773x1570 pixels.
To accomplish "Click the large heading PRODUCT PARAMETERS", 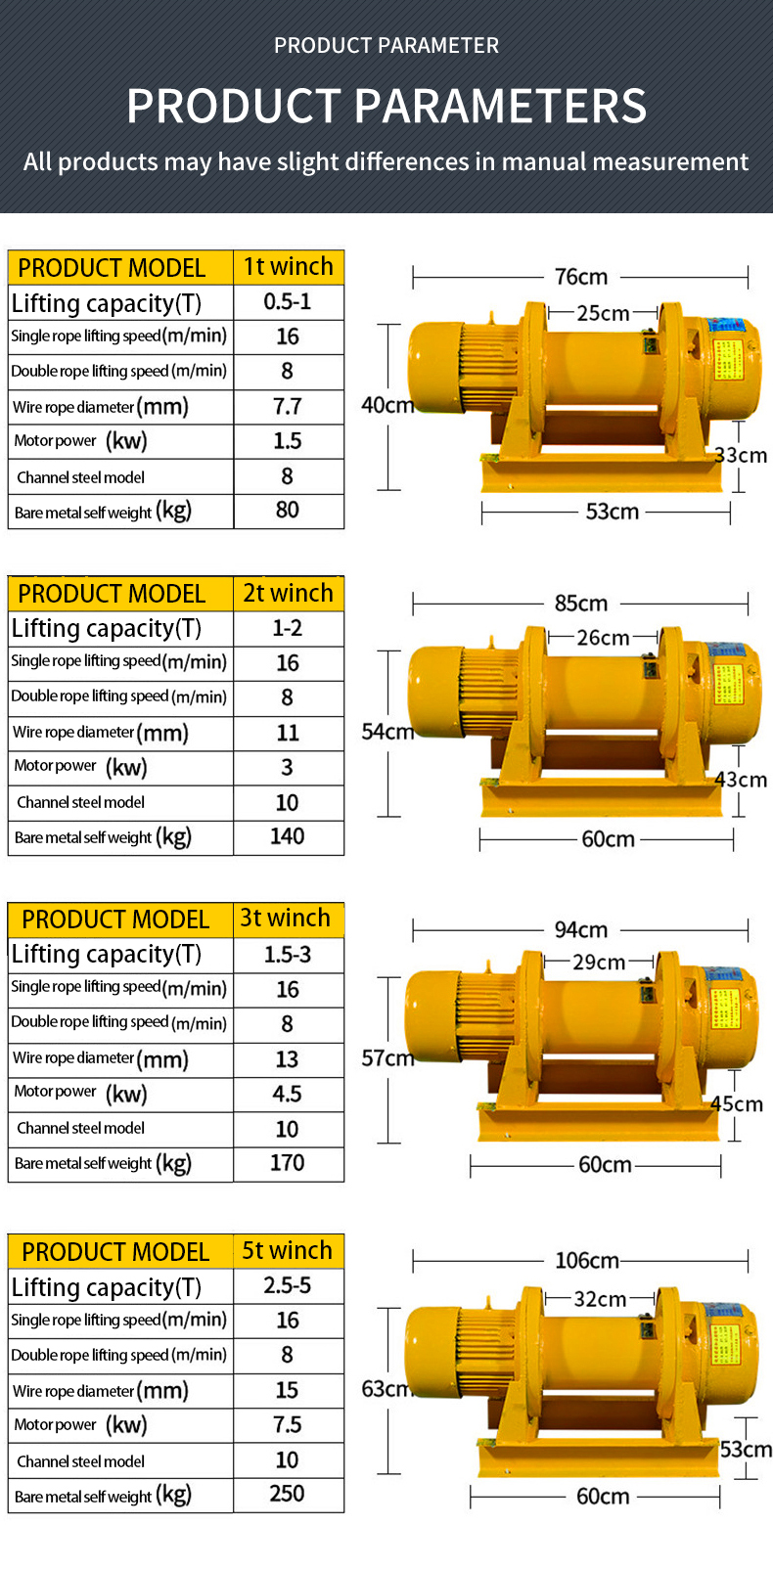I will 386,106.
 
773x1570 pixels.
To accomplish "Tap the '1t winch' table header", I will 289,267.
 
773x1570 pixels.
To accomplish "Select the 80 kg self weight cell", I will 288,511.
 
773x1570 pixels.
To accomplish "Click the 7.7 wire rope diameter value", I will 288,407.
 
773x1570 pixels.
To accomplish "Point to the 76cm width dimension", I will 581,277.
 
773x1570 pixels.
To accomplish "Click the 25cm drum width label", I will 603,313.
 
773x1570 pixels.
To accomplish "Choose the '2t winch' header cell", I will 289,594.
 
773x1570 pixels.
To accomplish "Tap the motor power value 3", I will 288,768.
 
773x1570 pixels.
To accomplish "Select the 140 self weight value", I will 288,837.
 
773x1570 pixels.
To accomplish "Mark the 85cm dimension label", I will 581,604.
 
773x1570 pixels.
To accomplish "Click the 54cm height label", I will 387,732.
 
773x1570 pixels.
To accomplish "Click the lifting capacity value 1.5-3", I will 288,955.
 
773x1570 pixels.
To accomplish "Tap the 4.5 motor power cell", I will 288,1095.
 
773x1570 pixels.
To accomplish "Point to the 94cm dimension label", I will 581,929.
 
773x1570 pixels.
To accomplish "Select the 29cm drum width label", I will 599,962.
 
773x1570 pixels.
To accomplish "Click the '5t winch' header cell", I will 288,1251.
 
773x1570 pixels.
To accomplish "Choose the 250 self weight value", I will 288,1495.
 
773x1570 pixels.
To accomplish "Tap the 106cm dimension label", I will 587,1260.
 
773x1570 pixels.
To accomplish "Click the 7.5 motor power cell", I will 288,1425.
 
